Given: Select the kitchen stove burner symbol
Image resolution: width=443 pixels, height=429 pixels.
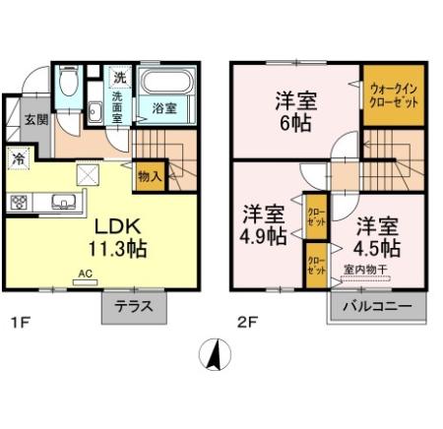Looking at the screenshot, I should pos(19,202).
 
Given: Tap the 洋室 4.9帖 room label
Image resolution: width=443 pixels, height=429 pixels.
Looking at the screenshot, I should pos(264,224).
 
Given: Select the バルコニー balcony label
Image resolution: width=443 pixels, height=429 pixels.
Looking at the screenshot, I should pos(377,306).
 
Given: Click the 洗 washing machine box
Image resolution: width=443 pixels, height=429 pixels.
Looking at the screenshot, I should pos(119,77).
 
